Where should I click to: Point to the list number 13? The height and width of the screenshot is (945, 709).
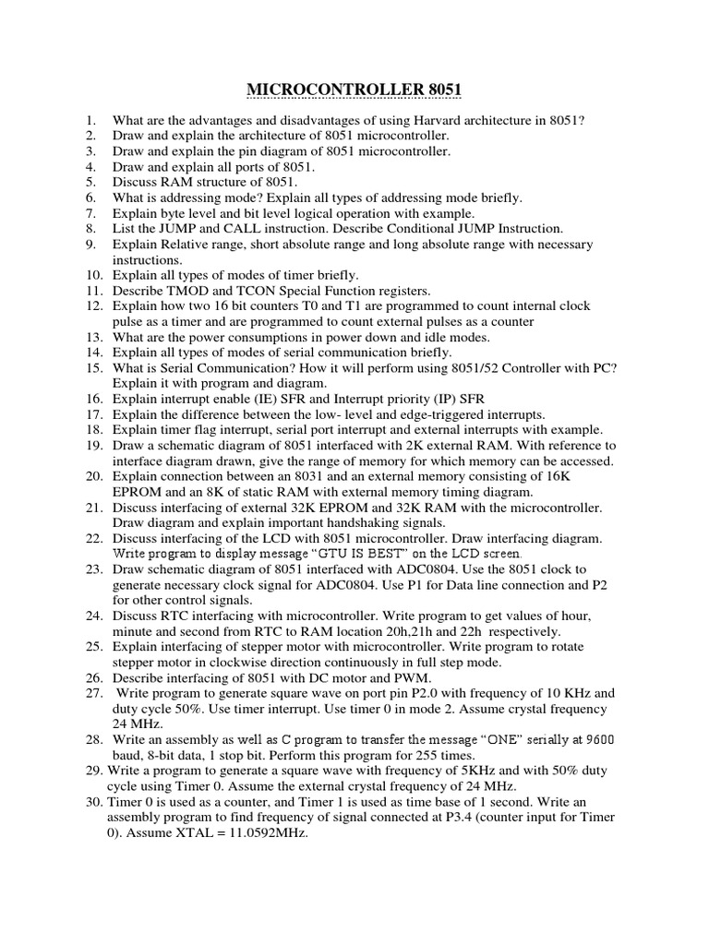(x=94, y=336)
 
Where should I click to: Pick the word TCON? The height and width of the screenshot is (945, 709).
(x=260, y=290)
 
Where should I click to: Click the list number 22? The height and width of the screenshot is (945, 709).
(x=94, y=538)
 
